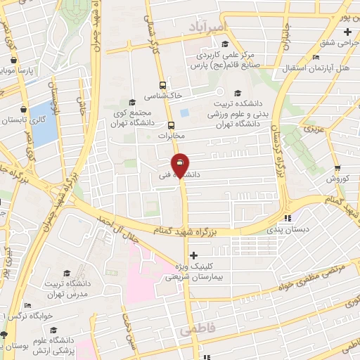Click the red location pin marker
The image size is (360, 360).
click(x=181, y=166)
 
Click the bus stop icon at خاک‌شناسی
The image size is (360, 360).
click(x=163, y=81)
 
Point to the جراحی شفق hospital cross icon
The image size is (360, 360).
click(x=347, y=33)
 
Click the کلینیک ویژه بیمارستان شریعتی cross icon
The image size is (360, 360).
click(x=193, y=255)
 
